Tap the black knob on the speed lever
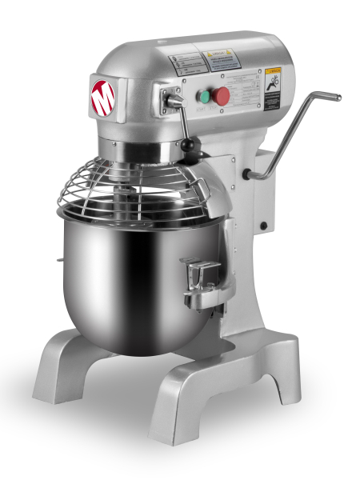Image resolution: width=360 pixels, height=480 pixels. [188, 145]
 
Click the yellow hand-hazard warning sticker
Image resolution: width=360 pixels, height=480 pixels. [274, 79]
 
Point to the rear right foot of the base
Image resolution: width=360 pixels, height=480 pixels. [280, 356]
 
